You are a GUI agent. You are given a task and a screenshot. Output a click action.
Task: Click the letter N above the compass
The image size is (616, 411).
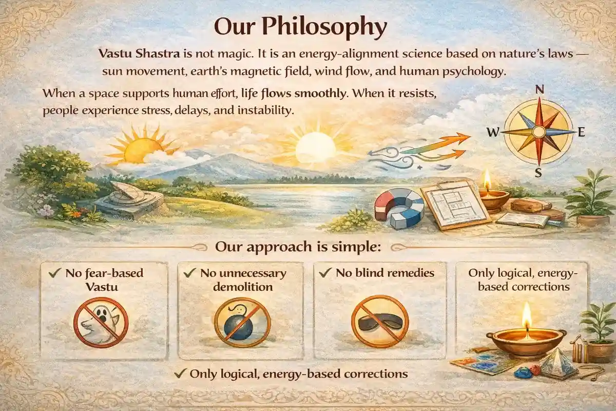(540, 89)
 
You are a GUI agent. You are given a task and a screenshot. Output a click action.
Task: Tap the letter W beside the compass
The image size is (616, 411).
(492, 133)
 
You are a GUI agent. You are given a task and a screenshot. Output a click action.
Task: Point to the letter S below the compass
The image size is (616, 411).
(538, 173)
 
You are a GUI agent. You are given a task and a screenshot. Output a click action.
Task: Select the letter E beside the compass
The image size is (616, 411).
(581, 132)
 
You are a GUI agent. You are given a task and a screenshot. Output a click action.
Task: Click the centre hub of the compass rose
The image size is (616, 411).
(538, 132)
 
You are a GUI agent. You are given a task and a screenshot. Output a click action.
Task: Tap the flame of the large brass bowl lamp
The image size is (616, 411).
(526, 314)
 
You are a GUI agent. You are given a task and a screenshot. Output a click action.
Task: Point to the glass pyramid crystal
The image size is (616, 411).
(557, 363)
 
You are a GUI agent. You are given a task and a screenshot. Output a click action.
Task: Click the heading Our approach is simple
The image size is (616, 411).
(298, 247)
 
